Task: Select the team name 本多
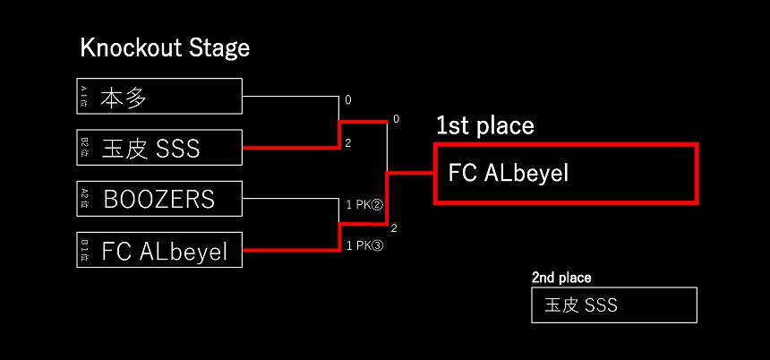(124, 97)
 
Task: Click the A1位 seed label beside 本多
(84, 97)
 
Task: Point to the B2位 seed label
(84, 148)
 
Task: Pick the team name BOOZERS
(159, 198)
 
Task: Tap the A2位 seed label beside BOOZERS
(84, 198)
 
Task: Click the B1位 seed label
(84, 250)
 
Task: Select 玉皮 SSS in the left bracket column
(150, 148)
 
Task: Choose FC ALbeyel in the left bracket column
(165, 251)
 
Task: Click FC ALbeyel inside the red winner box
(508, 173)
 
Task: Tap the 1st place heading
(484, 126)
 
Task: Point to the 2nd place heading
(561, 278)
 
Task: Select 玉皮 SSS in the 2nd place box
(581, 305)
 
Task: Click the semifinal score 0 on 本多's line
(348, 100)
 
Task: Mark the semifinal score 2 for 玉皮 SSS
(348, 142)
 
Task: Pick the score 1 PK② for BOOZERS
(364, 205)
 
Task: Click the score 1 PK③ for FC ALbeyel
(364, 245)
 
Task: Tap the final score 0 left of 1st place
(396, 119)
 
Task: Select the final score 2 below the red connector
(394, 228)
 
